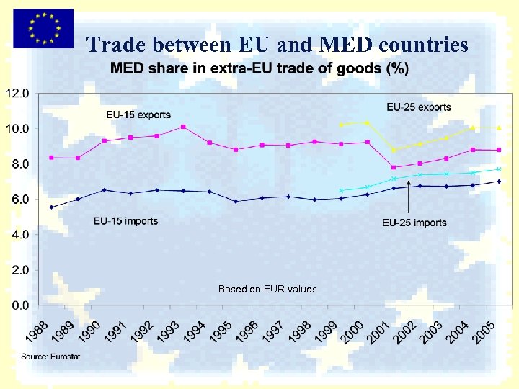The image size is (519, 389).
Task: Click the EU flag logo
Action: tap(43, 28)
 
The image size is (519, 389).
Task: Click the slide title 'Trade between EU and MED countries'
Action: tap(278, 45)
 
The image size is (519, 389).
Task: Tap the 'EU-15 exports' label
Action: tap(138, 115)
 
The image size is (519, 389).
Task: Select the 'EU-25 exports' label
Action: tap(419, 107)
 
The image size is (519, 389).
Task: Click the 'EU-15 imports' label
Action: tap(125, 221)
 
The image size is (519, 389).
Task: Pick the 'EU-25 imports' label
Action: tap(414, 223)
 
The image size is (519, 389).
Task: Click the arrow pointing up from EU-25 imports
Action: tap(409, 198)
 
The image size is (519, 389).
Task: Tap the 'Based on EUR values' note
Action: tap(267, 289)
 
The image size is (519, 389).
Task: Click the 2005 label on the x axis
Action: tap(484, 332)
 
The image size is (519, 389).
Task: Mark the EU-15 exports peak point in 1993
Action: tap(183, 127)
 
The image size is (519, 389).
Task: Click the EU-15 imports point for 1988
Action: tap(51, 207)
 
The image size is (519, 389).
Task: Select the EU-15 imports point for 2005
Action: tap(499, 182)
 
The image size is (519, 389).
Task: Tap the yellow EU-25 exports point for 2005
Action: tap(499, 128)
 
